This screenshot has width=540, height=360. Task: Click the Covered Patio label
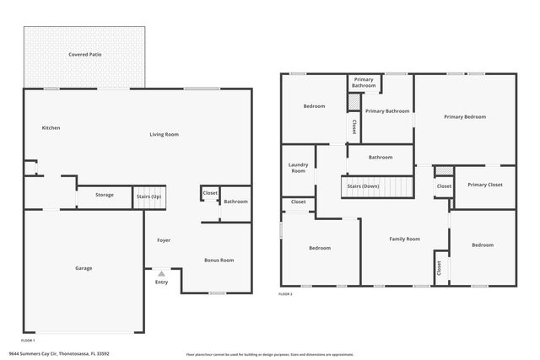[85, 55]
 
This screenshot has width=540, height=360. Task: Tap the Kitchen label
[51, 128]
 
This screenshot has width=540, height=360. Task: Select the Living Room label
[165, 134]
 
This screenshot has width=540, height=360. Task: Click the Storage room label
[104, 195]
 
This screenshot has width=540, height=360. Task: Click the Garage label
[84, 268]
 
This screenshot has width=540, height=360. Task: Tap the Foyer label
[164, 240]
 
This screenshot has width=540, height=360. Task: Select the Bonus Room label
[219, 261]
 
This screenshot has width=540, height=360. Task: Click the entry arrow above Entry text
[161, 273]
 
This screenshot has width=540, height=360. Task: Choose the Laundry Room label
[298, 168]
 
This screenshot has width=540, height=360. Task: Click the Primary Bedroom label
[465, 116]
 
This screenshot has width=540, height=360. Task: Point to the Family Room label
[404, 239]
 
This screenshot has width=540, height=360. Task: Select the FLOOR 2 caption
[285, 294]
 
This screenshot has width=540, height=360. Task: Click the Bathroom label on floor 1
[235, 201]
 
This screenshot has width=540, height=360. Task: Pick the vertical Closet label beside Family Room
[439, 267]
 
